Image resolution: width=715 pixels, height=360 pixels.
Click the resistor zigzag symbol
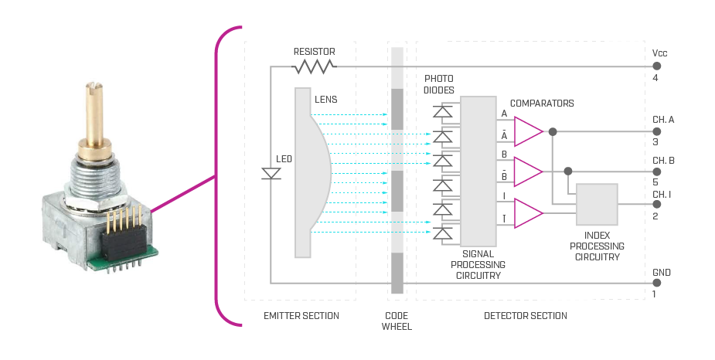tap(314, 67)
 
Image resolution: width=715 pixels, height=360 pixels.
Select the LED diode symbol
tap(271, 174)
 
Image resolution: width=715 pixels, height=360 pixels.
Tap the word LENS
tap(325, 100)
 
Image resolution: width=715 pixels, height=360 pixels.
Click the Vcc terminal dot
tap(657, 66)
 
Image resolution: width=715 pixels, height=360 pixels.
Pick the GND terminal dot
tap(657, 283)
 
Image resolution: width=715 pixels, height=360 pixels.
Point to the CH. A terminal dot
tap(657, 131)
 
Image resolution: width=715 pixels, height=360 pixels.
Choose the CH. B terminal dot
tap(657, 172)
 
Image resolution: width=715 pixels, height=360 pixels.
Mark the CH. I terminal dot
tap(657, 205)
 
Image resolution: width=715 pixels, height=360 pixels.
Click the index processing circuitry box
tap(597, 205)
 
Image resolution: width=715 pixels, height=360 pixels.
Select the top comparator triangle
tap(527, 131)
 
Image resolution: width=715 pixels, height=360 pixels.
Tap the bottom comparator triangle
tap(527, 213)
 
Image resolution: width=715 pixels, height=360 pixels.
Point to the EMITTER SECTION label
tap(301, 316)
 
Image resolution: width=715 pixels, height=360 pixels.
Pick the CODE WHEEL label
tap(397, 321)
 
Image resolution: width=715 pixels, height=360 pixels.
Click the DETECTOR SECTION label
tap(525, 316)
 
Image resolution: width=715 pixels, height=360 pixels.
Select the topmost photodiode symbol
tap(442, 113)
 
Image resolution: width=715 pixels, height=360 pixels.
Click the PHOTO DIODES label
tap(438, 84)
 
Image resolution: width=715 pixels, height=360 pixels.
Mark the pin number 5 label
tap(655, 183)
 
